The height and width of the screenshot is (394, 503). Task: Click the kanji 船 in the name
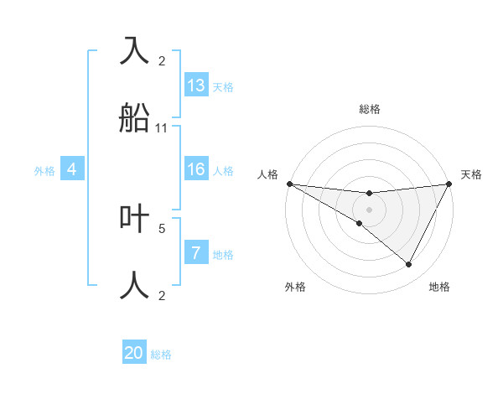(135, 118)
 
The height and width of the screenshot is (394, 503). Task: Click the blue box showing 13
(196, 86)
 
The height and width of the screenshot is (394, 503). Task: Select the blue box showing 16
(196, 169)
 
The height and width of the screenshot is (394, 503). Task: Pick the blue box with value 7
(196, 253)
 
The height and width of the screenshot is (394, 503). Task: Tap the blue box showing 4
(72, 169)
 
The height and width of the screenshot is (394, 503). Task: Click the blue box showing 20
(134, 353)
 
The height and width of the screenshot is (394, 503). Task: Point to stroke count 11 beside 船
(162, 128)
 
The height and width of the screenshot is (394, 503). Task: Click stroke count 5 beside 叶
(162, 227)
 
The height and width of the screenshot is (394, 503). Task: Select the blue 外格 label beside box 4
(44, 170)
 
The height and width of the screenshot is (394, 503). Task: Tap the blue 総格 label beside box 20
(161, 355)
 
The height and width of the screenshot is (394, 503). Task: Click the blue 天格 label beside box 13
(223, 87)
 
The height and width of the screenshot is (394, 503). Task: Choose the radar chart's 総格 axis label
(370, 109)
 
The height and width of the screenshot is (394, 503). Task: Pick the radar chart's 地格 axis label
(439, 287)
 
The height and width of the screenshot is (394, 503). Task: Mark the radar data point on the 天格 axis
(450, 184)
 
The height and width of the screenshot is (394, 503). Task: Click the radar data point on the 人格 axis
(289, 184)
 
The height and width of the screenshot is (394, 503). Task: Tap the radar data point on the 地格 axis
(409, 265)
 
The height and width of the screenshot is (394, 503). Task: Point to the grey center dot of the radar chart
(370, 210)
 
